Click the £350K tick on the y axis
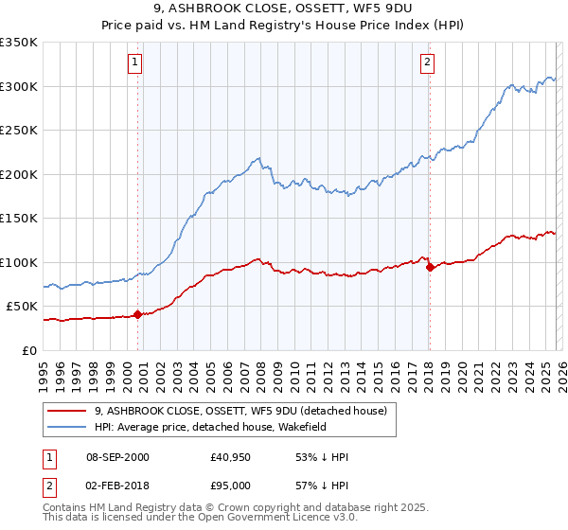click(19, 43)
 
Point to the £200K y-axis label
click(19, 174)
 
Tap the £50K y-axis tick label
click(23, 307)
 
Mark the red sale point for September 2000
click(138, 314)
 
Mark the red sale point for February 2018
click(430, 267)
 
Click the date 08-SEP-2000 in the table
click(117, 457)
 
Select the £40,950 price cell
click(231, 457)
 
